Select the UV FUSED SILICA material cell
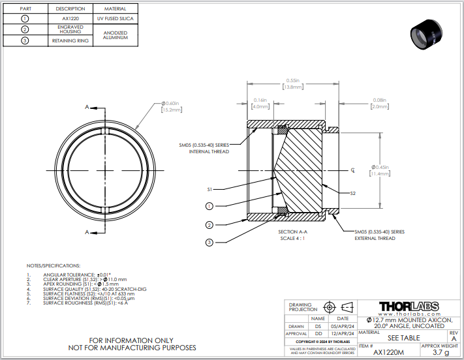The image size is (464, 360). [x=115, y=18]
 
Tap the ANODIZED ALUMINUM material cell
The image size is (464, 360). [x=115, y=35]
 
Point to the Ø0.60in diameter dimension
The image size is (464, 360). [x=171, y=106]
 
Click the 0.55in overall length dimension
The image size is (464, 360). [x=292, y=83]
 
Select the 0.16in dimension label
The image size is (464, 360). [x=260, y=103]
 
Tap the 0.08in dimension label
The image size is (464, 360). [x=379, y=103]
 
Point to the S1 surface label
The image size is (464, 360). [x=210, y=189]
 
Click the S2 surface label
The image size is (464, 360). [x=352, y=193]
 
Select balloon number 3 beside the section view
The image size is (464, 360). [x=209, y=242]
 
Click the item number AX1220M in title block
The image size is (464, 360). [x=388, y=352]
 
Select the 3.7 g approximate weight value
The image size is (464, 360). [x=441, y=352]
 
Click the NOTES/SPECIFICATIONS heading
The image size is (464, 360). [x=53, y=266]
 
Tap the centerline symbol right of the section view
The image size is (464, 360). [x=352, y=170]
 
